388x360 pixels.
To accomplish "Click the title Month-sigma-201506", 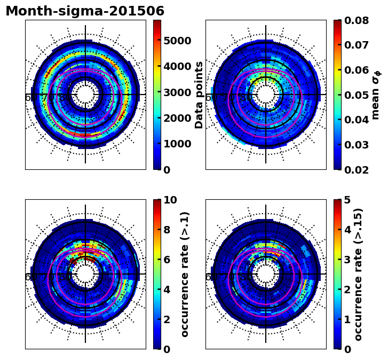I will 85,11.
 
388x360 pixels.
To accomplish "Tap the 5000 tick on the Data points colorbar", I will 177,41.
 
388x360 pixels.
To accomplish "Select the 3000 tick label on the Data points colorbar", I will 177,92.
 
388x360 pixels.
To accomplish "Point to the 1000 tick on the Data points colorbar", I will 177,144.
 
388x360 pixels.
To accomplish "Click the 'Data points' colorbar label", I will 199,95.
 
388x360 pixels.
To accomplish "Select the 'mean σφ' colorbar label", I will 376,95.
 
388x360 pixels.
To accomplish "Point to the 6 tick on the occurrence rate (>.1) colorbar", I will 167,260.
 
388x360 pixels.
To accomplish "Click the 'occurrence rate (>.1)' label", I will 185,274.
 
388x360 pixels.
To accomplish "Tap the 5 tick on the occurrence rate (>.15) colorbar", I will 347,200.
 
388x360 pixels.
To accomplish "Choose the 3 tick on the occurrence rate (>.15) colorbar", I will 347,260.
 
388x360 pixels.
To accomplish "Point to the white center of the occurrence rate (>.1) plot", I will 85,274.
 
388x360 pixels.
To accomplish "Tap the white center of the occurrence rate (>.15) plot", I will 266,274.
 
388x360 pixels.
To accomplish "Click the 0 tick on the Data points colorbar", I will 167,170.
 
